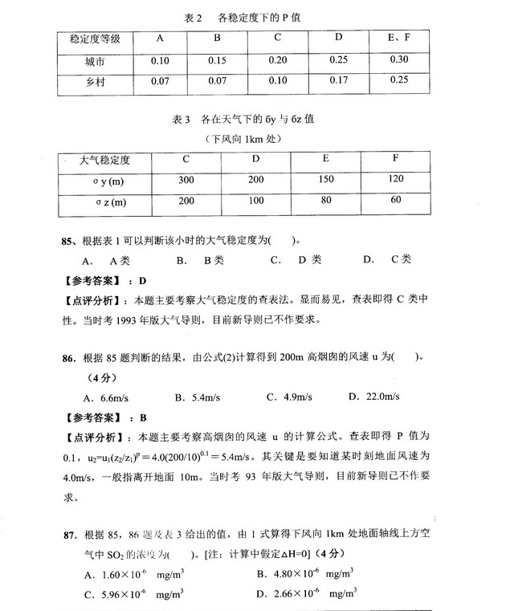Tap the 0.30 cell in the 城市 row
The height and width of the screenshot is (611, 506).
pos(398,60)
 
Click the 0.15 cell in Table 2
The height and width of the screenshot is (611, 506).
pos(216,61)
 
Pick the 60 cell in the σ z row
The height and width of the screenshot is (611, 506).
pos(396,200)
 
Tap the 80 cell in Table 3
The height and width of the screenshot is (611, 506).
pos(326,201)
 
